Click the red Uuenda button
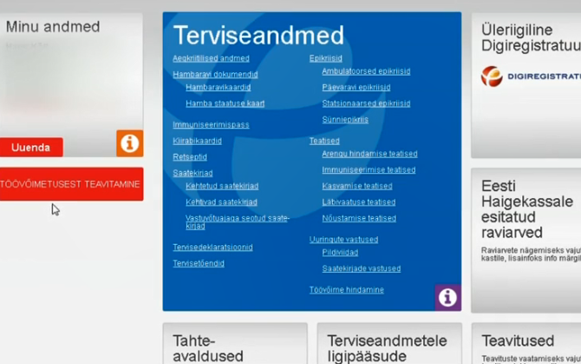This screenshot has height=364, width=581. point(31,148)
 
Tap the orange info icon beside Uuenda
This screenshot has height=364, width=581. point(129,143)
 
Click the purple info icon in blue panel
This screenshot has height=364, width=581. point(447,297)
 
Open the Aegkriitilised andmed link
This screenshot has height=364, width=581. point(211,59)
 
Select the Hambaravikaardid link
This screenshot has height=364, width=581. point(218,88)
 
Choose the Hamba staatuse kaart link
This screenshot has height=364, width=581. point(225,104)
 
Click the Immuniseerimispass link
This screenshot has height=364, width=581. point(211,125)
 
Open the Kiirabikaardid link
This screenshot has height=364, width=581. point(197,141)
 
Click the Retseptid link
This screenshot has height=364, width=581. point(190,157)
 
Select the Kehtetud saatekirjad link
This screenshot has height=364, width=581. point(221,187)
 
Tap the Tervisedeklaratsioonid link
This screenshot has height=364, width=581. point(212,248)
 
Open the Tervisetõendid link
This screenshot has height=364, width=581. point(199,263)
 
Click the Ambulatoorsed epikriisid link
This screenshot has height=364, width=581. point(366,71)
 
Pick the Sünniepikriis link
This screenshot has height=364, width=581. point(345,120)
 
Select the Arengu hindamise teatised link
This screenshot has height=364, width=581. point(369,154)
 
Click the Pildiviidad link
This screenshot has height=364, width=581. point(340,253)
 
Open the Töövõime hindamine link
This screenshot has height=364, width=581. point(346,290)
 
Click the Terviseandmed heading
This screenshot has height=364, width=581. point(258,36)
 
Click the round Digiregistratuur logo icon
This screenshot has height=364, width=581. point(492,76)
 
